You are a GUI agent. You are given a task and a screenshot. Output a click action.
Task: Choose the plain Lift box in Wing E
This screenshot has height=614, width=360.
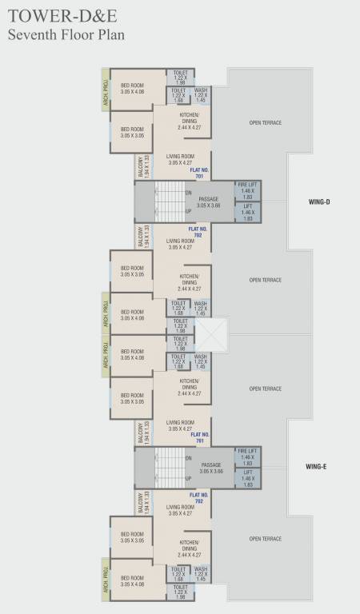point(247,479)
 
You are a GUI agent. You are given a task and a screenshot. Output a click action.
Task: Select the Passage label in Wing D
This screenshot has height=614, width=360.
point(209,201)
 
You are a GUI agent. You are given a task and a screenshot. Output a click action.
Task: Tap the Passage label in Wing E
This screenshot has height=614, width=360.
point(211,467)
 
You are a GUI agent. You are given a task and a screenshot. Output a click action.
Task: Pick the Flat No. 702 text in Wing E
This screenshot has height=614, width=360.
point(199,498)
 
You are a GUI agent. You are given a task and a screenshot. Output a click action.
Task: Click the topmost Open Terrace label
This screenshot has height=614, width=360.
point(265,122)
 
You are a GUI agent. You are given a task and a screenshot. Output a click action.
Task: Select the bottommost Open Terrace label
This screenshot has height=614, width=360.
point(265,539)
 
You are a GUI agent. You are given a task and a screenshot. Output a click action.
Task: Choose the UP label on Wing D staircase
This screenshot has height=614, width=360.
point(189,212)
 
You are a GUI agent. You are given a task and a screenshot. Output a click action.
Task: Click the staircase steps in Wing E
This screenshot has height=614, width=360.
point(169,467)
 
